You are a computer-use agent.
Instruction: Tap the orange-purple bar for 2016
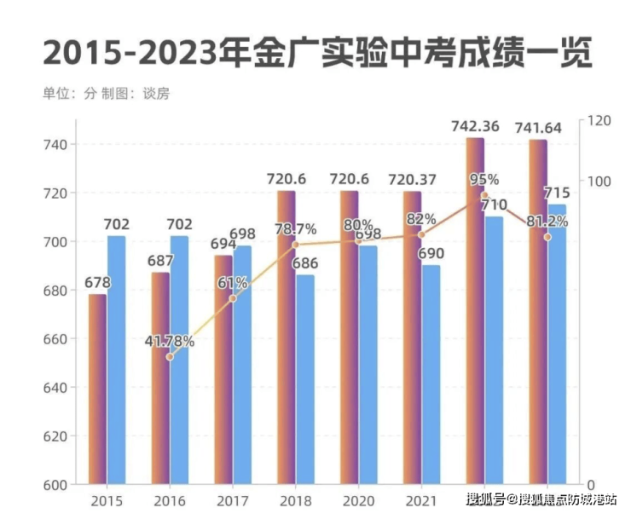coord(160,378)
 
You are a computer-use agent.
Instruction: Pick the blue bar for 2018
coord(304,379)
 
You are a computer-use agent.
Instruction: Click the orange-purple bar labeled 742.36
coord(475,311)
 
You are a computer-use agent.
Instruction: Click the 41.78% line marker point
coord(170,356)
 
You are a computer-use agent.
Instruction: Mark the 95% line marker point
coord(484,194)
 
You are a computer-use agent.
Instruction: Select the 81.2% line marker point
coord(547,237)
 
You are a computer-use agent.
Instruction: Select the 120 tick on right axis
coord(599,122)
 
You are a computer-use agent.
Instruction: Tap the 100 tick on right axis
coord(599,182)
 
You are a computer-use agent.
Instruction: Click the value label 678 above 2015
coord(96,282)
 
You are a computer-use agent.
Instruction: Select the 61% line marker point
coord(233,298)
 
